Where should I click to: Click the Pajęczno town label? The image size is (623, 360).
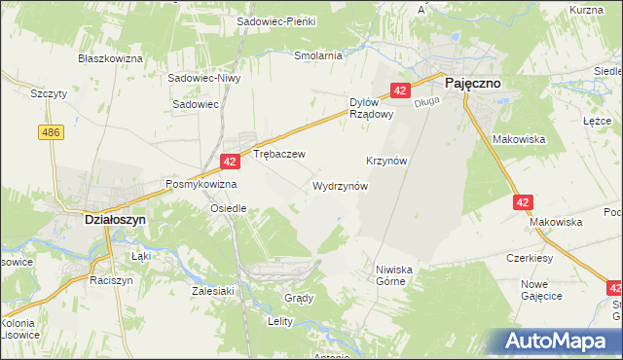pyautogui.click(x=473, y=84)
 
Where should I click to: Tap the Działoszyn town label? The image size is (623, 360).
pyautogui.click(x=109, y=220)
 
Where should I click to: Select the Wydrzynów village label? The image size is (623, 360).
pyautogui.click(x=340, y=185)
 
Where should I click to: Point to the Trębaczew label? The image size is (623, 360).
pyautogui.click(x=279, y=154)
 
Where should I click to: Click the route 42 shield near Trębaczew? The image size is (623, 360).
pyautogui.click(x=230, y=162)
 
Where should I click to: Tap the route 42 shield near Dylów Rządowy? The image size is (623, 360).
pyautogui.click(x=400, y=90)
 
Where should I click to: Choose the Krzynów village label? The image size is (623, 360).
pyautogui.click(x=386, y=160)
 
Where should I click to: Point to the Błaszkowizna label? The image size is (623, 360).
pyautogui.click(x=111, y=58)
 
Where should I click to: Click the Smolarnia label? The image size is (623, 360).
pyautogui.click(x=318, y=55)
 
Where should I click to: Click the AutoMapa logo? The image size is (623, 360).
pyautogui.click(x=559, y=342)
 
